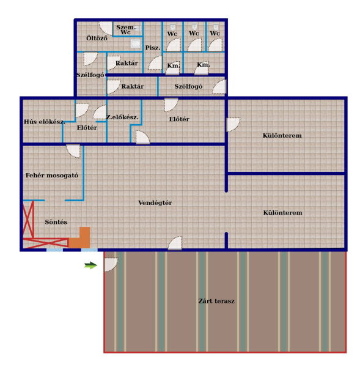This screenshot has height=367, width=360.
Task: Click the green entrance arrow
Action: [90, 265]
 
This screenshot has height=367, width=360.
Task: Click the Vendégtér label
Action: [155, 202]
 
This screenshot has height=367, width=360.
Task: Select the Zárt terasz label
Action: [216, 301]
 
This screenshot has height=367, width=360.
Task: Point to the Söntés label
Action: [56, 222]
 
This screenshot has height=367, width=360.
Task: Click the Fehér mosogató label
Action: [52, 176]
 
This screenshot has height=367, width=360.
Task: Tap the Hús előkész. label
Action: [45, 122]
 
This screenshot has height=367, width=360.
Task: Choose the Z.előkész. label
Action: [122, 117]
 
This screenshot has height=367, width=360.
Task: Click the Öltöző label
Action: [97, 38]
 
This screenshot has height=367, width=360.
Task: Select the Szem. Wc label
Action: [126, 30]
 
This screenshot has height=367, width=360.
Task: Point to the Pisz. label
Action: [153, 48]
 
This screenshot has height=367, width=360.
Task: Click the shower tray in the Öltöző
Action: [136, 43]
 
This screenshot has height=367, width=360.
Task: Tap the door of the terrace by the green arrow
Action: [111, 265]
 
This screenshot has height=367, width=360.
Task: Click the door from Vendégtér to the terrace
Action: [175, 243]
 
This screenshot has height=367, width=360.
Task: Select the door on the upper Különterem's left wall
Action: [233, 125]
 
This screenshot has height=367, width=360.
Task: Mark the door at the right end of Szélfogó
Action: [219, 87]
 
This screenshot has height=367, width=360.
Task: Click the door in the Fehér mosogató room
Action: [73, 151]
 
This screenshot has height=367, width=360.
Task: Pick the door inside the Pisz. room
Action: [156, 62]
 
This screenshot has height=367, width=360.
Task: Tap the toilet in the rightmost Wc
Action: [216, 27]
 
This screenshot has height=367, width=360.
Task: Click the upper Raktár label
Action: [127, 63]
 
